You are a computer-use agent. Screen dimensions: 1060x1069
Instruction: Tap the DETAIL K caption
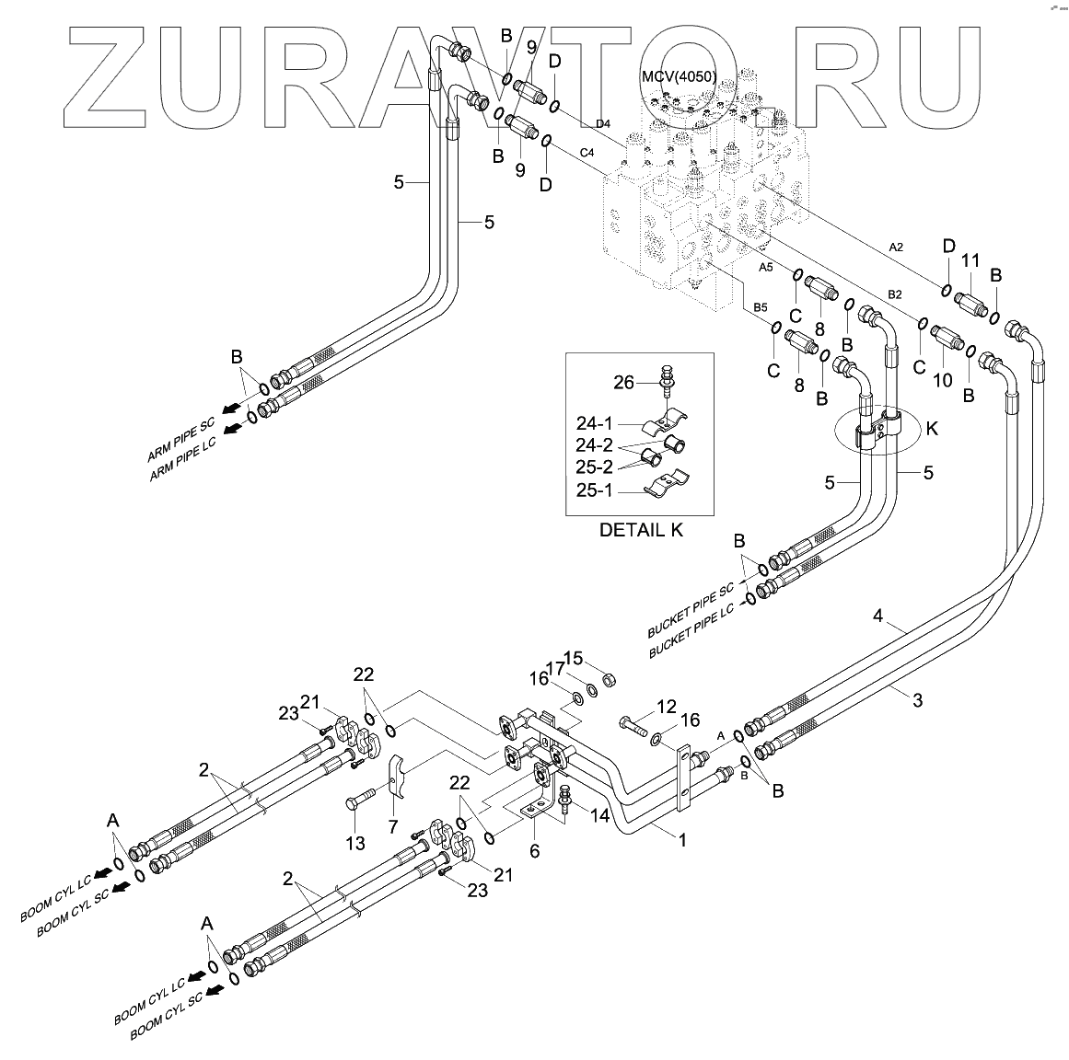[641, 531]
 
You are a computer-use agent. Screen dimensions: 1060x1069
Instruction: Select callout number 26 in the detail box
[624, 382]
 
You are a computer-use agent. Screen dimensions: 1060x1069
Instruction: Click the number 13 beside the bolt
[355, 842]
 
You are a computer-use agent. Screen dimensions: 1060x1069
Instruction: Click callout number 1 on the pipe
[681, 840]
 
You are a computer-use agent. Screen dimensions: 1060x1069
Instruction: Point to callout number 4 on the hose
[878, 616]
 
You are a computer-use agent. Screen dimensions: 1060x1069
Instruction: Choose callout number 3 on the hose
[917, 701]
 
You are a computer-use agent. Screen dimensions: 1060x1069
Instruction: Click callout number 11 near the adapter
[970, 261]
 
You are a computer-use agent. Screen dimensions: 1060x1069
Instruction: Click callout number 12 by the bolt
[667, 707]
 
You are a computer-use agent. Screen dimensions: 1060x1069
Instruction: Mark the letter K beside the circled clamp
[933, 428]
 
